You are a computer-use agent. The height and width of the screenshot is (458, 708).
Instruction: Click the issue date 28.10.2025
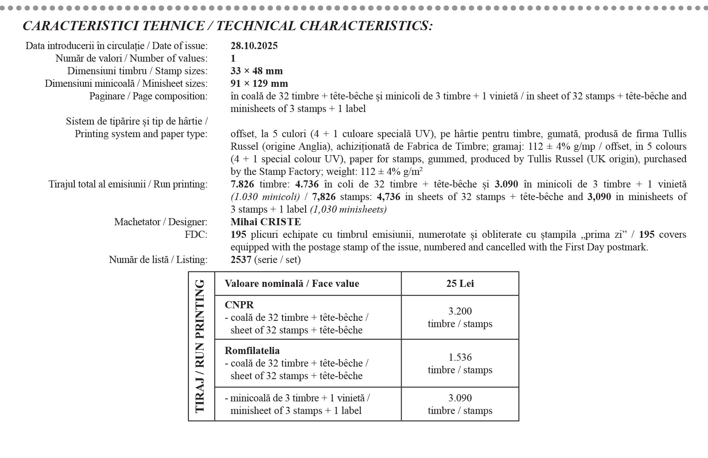tap(254, 46)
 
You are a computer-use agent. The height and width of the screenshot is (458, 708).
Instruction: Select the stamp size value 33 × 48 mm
tap(256, 71)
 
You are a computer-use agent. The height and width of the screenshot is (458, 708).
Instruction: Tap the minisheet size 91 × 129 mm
tap(259, 83)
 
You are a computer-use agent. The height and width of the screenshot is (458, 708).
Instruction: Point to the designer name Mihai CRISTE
tap(266, 222)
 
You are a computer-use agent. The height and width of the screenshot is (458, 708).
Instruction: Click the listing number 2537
tap(241, 260)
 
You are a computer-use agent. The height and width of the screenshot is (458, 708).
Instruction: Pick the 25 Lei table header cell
tap(460, 284)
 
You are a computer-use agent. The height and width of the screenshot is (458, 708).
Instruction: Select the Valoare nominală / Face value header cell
tap(292, 284)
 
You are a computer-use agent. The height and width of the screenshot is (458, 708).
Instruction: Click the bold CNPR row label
tap(239, 305)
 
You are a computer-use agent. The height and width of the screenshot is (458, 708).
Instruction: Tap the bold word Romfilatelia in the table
tap(252, 351)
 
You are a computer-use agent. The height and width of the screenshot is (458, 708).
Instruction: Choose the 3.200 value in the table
tap(460, 311)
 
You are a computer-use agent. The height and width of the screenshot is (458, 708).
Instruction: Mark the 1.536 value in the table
tap(460, 357)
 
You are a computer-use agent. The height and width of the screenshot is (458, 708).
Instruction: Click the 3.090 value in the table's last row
tap(460, 398)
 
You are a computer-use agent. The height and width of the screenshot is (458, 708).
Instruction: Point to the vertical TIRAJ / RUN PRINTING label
tap(201, 346)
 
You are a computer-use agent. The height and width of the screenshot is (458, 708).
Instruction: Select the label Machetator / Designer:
tap(161, 222)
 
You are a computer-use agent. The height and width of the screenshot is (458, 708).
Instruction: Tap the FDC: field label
tap(196, 234)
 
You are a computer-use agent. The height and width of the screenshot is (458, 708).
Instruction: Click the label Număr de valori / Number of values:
tap(131, 58)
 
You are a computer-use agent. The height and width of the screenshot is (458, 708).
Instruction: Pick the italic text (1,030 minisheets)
tap(348, 209)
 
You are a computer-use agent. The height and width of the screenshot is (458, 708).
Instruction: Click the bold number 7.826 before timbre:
tap(242, 184)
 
